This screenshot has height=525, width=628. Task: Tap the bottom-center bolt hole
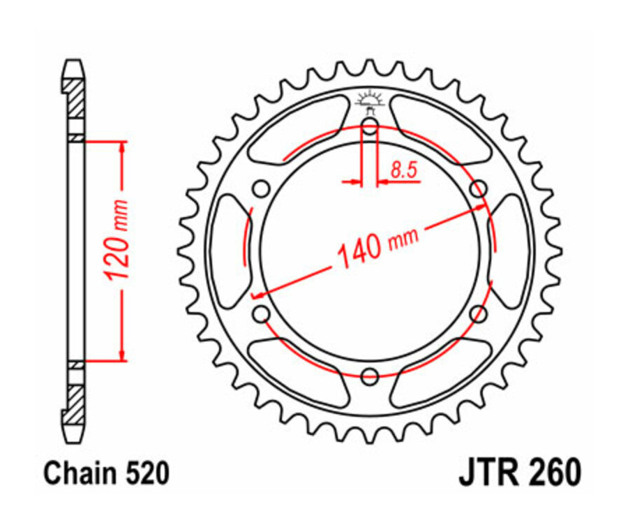tap(370, 377)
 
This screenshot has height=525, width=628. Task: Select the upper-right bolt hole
tap(479, 188)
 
